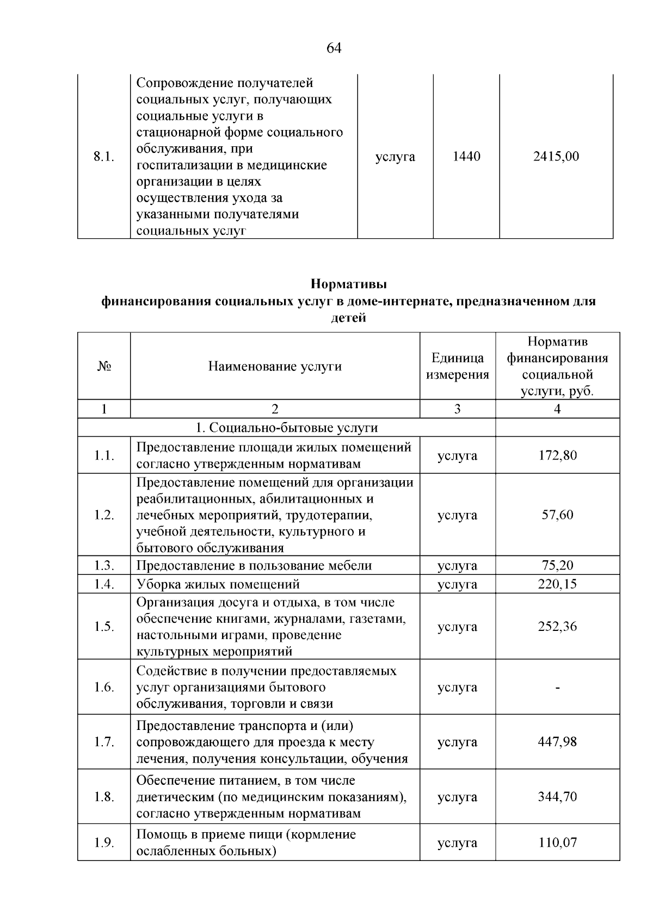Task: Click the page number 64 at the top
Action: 334,48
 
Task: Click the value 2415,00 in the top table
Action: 556,157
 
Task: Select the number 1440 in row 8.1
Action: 466,157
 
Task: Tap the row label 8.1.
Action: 103,157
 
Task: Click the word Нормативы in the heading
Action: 348,284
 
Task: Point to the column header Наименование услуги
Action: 275,367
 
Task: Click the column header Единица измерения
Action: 457,367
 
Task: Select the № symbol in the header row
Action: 103,367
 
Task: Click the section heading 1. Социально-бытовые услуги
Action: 286,428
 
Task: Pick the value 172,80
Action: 557,455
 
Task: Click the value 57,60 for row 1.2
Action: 557,515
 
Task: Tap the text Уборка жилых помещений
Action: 218,585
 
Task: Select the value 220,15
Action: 557,585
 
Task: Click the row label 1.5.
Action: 103,627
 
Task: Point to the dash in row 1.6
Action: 557,687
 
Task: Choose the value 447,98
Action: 557,742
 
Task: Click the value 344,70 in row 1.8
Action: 557,797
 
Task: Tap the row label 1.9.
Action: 103,843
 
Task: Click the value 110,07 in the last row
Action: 557,843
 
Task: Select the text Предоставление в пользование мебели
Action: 254,566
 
